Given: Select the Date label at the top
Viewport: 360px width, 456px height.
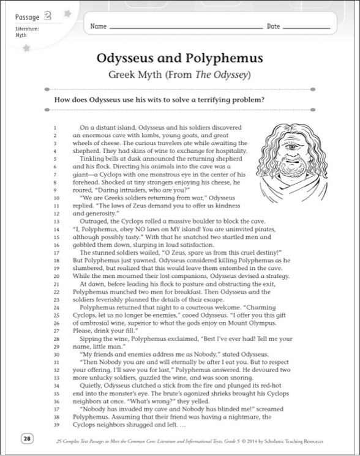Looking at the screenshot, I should [273, 27].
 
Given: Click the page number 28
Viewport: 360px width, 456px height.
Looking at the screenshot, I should [27, 437].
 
